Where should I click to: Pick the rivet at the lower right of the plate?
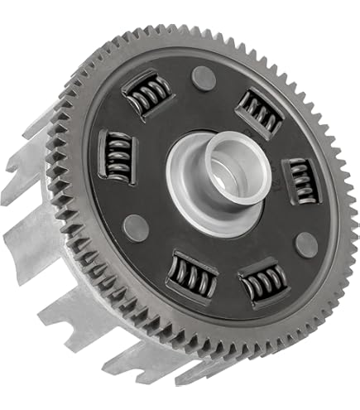(305, 244)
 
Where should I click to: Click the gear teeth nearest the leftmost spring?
(81, 153)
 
